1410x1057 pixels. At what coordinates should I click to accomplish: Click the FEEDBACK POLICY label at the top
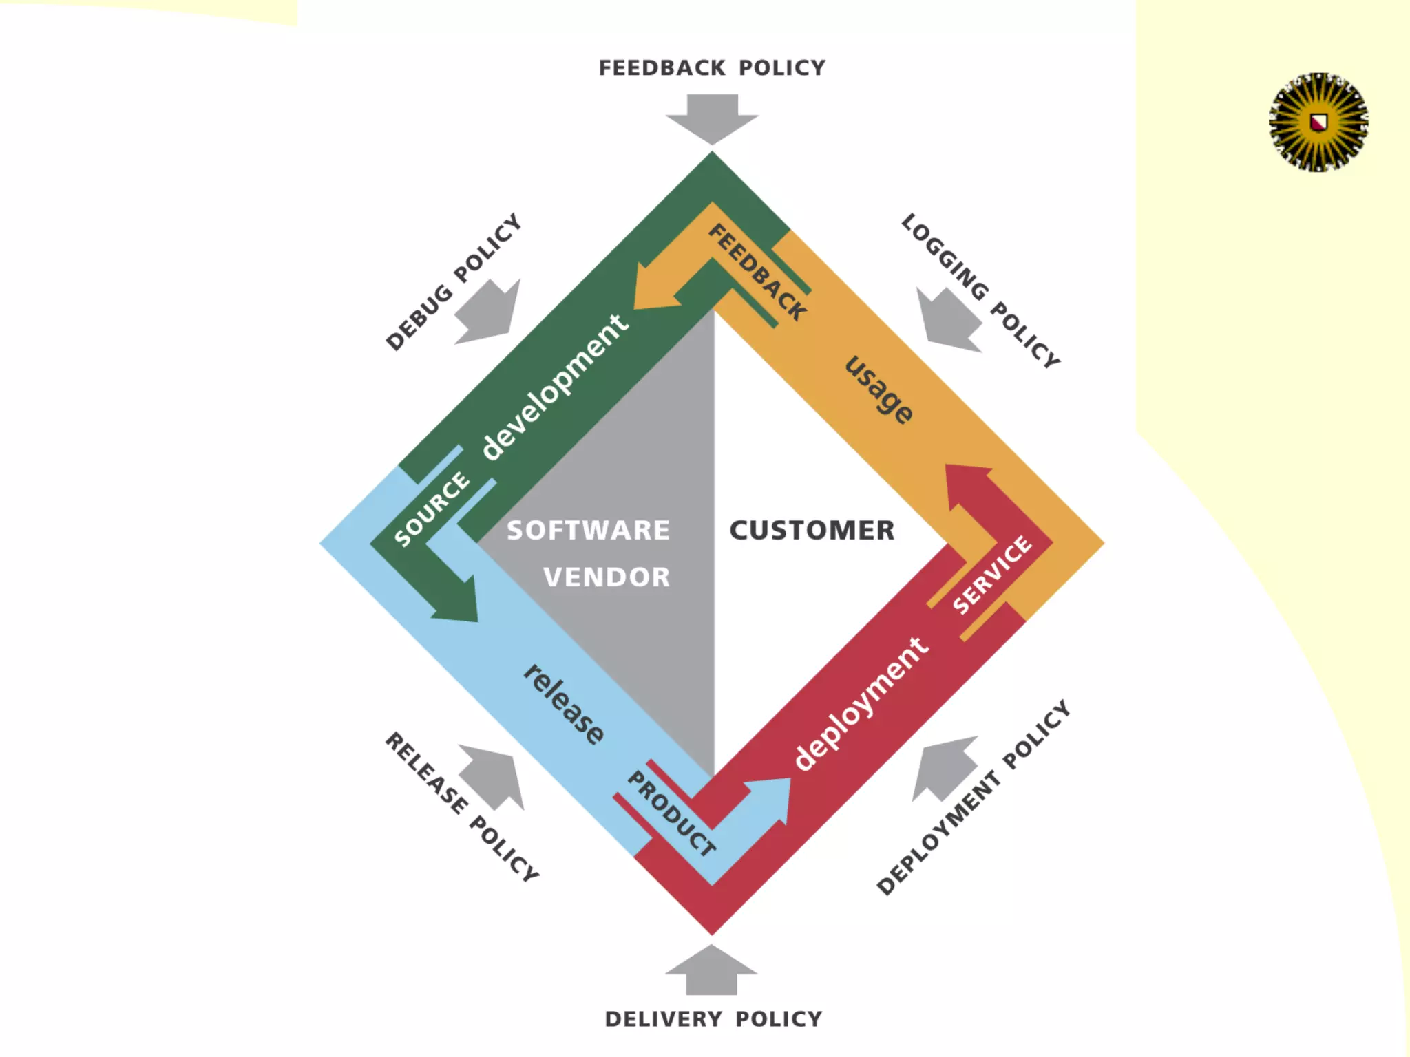pos(712,68)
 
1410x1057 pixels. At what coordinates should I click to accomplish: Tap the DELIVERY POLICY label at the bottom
pos(713,1019)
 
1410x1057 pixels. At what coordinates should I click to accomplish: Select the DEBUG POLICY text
pos(453,282)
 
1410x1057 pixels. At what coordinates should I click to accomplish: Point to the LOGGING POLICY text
pos(980,290)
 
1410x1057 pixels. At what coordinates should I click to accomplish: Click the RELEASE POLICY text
pos(461,807)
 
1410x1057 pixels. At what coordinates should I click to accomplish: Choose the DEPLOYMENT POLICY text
pos(973,798)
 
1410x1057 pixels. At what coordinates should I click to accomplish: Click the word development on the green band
pos(554,387)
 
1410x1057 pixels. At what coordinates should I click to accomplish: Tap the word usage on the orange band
pos(879,389)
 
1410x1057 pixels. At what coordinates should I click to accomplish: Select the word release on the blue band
pos(564,704)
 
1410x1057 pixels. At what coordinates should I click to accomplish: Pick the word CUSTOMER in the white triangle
pos(812,531)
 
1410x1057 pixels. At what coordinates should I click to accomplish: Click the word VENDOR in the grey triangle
pos(606,577)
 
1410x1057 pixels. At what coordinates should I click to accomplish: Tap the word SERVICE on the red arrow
pos(992,574)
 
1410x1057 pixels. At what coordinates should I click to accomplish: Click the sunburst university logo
pos(1318,122)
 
